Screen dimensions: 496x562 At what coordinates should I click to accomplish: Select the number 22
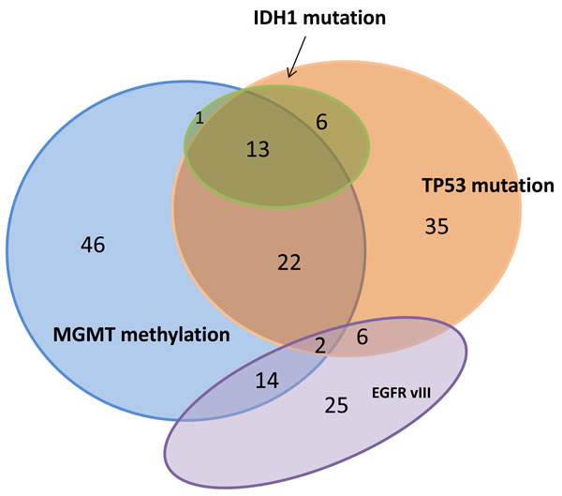(289, 263)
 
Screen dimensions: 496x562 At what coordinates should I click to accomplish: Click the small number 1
(199, 118)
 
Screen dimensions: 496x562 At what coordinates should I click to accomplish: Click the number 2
(320, 346)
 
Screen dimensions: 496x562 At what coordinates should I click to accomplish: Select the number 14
(268, 380)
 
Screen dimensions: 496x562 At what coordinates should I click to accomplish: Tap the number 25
(336, 406)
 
